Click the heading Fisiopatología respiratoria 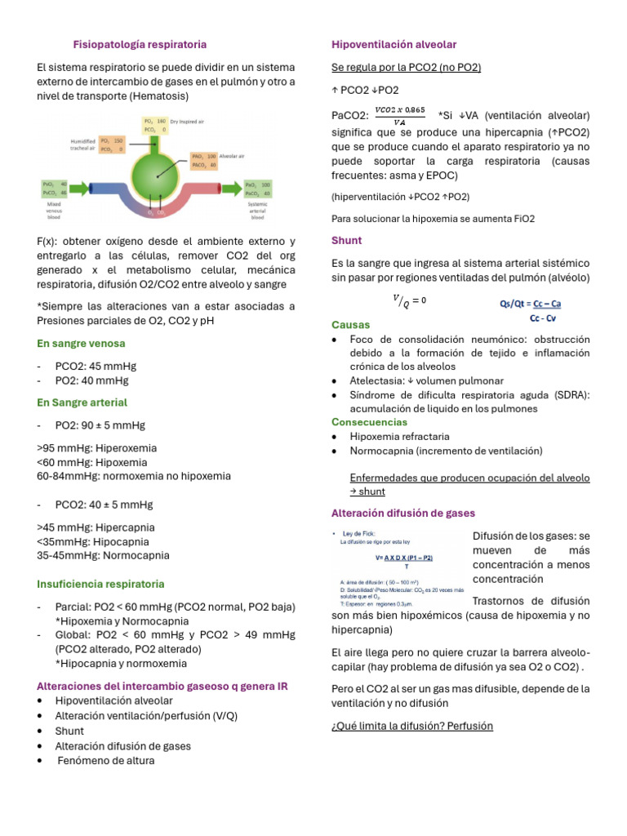140,44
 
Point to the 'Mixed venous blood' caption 55,213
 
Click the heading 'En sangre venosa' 81,344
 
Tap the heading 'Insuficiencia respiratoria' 100,584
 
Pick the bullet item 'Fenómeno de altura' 105,760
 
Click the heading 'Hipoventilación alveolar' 394,44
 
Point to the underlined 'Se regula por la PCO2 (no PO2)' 406,67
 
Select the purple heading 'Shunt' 346,241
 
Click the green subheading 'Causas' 350,324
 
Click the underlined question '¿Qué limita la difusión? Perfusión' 411,726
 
